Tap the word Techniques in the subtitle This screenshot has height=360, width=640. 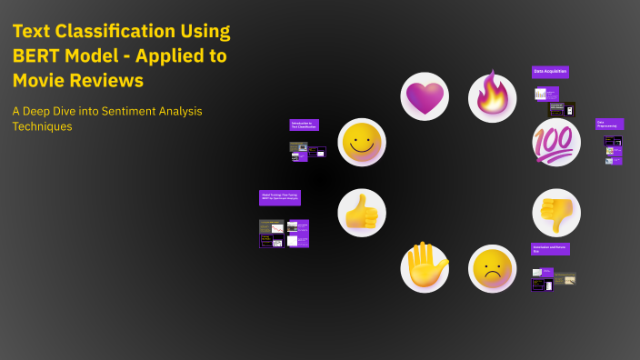pyautogui.click(x=42, y=127)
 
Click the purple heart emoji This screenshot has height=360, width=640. pyautogui.click(x=425, y=96)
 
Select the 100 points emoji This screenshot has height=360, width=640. pyautogui.click(x=555, y=143)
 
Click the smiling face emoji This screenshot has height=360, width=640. pyautogui.click(x=362, y=143)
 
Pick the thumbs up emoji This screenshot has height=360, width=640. pyautogui.click(x=362, y=213)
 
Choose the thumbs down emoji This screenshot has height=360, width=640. pyautogui.click(x=555, y=213)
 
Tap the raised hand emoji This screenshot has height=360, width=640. pyautogui.click(x=425, y=268)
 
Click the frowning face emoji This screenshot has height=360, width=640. pyautogui.click(x=492, y=268)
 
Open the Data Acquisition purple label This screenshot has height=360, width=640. pyautogui.click(x=550, y=72)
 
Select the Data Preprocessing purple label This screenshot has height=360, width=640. pyautogui.click(x=609, y=125)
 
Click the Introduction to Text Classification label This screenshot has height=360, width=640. pyautogui.click(x=304, y=125)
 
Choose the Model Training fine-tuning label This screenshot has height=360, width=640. pyautogui.click(x=279, y=195)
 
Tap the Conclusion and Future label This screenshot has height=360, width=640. pyautogui.click(x=550, y=248)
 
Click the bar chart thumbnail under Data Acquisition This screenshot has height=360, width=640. pyautogui.click(x=541, y=95)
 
